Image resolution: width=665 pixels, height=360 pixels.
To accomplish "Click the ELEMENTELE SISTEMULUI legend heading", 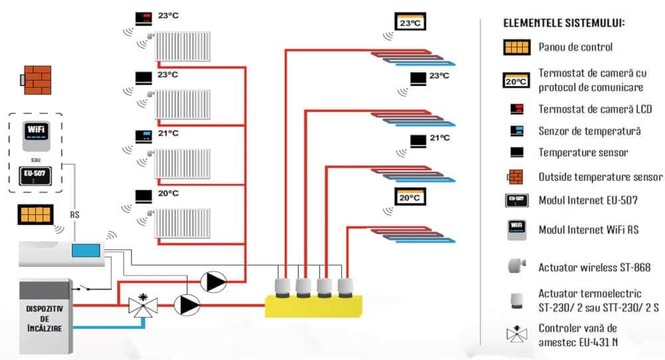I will pos(564,23).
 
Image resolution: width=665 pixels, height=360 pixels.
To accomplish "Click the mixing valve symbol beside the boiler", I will pos(142,306).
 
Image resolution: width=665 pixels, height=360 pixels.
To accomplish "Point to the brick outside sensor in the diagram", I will pos(37,79).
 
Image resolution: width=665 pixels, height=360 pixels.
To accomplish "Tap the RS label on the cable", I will pos(74,214).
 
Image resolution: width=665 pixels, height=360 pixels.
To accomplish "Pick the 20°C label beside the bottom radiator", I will pos(168,193).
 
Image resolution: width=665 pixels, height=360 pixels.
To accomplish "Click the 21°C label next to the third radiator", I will pos(168,133).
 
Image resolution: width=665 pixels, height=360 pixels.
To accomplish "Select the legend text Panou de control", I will pos(575,47).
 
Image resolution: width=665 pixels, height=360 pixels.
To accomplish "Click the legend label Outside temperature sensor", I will pos(600,177).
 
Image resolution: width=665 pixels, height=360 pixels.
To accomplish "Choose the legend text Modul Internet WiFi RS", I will pos(588,230).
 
